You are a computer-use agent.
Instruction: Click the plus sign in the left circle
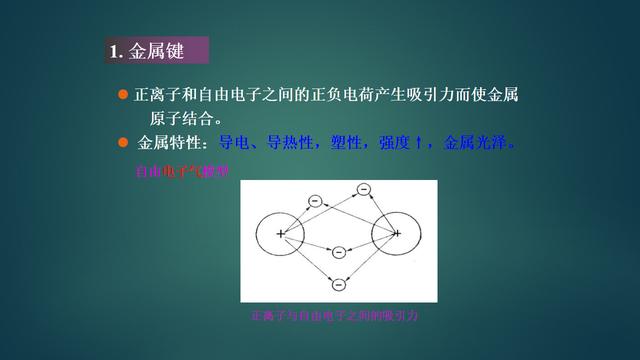pos(281,234)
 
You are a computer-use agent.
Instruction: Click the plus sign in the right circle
pos(397,234)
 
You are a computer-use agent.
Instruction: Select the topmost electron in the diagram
pos(363,189)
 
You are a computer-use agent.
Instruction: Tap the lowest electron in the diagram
pos(339,285)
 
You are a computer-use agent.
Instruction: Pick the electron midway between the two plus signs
pos(339,251)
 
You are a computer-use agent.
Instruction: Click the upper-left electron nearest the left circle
pos(314,201)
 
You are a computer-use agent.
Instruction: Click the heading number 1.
pos(114,51)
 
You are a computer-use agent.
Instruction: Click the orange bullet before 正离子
pos(124,94)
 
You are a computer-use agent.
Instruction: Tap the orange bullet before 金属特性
pos(124,141)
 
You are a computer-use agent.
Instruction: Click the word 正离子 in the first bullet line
pos(155,95)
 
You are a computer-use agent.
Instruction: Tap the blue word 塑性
pos(344,142)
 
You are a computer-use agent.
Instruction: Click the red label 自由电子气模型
pos(182,172)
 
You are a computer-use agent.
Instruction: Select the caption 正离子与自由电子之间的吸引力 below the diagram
pos(338,315)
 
